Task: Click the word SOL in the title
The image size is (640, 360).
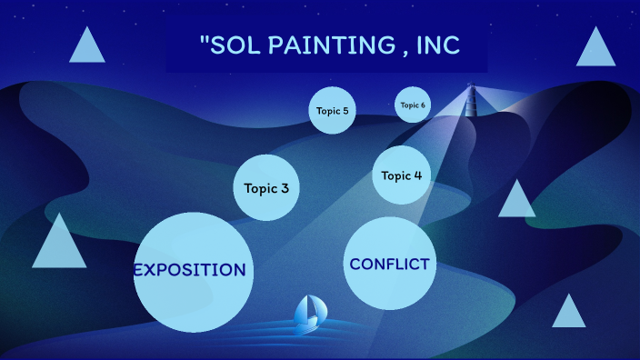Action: click(x=235, y=45)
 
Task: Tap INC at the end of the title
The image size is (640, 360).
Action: click(x=438, y=45)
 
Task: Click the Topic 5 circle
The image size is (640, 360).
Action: click(x=331, y=111)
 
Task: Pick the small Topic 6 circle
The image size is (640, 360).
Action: click(x=412, y=105)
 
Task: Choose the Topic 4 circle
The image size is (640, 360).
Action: click(x=401, y=175)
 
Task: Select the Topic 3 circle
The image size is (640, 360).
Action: click(x=266, y=188)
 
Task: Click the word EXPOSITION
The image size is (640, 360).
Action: click(x=190, y=270)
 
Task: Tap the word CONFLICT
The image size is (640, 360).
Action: click(x=389, y=265)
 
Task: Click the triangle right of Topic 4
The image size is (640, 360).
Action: click(x=517, y=201)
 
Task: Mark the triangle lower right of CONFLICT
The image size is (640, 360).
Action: click(x=569, y=313)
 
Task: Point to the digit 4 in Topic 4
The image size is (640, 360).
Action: click(x=417, y=175)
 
